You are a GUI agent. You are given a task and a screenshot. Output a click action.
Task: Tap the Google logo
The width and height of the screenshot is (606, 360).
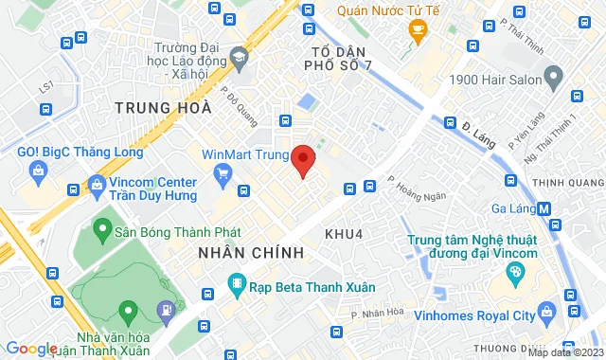point(30,349)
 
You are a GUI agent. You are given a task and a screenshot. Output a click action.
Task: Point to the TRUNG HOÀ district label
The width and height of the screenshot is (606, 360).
point(162,108)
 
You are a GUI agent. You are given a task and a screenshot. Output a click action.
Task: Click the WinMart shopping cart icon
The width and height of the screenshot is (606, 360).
point(223,172)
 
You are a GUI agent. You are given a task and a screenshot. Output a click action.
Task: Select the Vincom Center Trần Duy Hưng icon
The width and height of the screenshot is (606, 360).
point(96,184)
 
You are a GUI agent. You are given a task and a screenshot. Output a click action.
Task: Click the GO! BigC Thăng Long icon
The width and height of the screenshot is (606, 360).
point(38,171)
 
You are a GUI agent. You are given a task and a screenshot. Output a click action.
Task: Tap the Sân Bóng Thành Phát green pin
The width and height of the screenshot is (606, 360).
point(101,229)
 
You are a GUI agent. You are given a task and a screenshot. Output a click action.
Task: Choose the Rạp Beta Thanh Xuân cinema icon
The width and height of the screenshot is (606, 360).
point(234,284)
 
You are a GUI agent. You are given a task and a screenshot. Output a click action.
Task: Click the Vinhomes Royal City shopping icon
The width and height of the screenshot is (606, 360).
point(545,312)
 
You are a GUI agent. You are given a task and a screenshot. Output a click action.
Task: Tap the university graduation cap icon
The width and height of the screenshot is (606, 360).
point(240,59)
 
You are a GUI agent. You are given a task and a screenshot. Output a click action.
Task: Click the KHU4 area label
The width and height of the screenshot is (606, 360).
point(343,232)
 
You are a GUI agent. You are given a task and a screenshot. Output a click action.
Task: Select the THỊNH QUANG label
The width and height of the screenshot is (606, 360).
point(567,183)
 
